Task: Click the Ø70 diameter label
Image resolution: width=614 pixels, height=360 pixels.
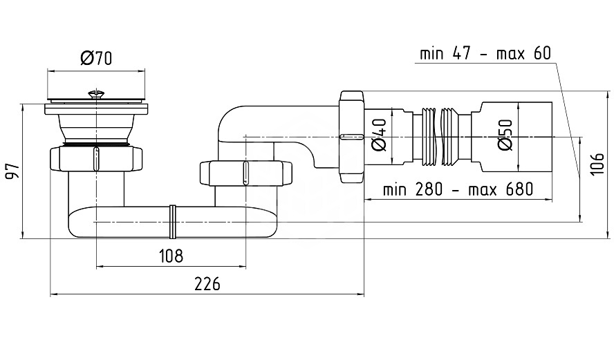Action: point(96,58)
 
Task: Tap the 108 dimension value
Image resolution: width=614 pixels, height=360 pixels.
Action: point(171,256)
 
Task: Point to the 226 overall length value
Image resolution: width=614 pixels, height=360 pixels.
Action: point(207,284)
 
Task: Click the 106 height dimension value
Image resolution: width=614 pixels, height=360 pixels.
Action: point(597,164)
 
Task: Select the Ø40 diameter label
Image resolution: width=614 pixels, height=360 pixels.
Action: point(379,135)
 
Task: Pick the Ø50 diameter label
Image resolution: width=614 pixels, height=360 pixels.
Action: point(505,135)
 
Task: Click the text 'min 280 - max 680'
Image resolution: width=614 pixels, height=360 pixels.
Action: point(458,189)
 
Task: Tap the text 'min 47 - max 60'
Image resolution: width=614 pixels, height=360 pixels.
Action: point(485,53)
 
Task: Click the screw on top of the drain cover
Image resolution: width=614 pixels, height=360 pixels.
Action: point(96,94)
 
